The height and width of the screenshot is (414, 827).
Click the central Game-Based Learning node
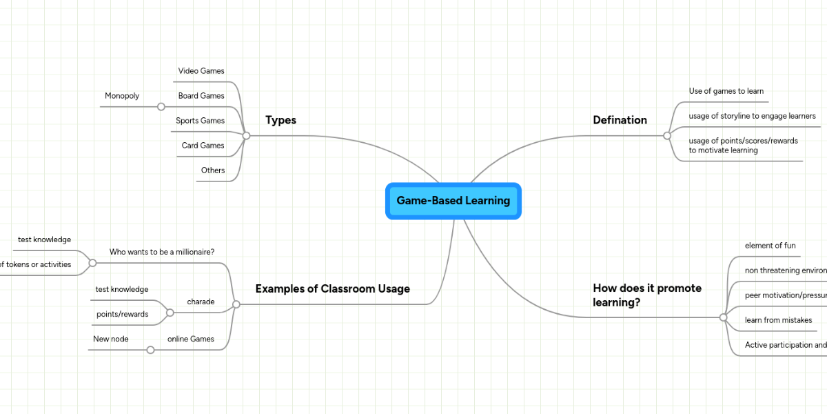click(453, 201)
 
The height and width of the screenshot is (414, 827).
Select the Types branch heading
click(280, 120)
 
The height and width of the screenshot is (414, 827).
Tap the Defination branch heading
click(620, 120)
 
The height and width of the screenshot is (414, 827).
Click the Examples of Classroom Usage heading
click(332, 288)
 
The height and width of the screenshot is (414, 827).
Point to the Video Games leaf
click(201, 71)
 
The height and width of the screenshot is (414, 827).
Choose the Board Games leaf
click(201, 96)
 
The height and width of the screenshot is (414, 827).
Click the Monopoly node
click(122, 96)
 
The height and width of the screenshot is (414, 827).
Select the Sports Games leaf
click(200, 121)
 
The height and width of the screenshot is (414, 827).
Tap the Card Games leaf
click(203, 146)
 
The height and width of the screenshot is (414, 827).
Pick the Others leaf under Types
click(213, 170)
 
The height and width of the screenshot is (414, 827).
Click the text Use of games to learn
click(726, 91)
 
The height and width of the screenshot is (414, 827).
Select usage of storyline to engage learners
click(752, 116)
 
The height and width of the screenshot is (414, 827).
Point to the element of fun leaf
click(770, 246)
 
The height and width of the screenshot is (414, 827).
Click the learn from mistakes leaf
click(778, 320)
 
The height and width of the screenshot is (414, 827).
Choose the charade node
click(201, 302)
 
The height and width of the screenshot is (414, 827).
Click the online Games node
click(190, 339)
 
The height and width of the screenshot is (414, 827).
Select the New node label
click(111, 339)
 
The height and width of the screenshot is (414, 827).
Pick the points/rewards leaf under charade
click(122, 314)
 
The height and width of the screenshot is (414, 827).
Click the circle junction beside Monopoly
click(161, 107)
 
